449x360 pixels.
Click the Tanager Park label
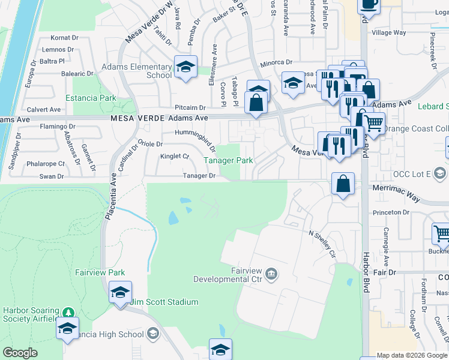coord(228,161)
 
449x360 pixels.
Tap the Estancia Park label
coord(91,97)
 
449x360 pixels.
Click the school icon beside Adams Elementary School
coord(186,67)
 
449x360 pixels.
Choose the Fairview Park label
coord(99,272)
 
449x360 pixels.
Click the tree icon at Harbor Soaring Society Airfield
coord(68,313)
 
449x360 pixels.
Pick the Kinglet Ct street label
coord(175,157)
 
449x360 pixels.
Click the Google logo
coord(20,353)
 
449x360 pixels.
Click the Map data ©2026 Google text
coord(412,355)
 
